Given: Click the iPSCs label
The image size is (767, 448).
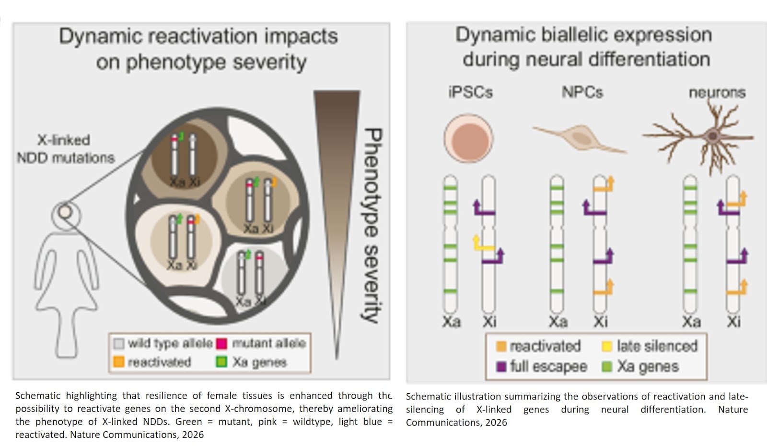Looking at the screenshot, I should coord(470,92).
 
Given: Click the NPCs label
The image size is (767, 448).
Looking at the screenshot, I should coord(582,92).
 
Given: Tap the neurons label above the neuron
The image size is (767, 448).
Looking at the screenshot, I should coord(717,92).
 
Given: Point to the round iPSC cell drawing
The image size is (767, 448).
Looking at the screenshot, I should coord(468,139).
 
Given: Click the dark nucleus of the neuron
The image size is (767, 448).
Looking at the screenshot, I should coord(713,136).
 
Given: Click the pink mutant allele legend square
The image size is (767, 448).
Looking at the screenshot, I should coord(221,344).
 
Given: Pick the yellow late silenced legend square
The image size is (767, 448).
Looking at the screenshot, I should coord(607,346).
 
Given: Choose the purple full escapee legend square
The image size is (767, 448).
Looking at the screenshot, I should coord(501,367).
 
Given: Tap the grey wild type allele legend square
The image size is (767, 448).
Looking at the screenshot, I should coord(118,344).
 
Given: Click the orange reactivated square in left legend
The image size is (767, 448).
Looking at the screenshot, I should coord(118,362).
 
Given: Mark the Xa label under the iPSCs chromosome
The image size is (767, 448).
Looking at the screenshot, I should coord(451,322).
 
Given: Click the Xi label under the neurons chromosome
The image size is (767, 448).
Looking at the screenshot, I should coord(733,322).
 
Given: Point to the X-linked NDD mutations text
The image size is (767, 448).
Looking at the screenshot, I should coord(65,149).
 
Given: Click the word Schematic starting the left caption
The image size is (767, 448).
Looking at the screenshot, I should coord(38,396).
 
